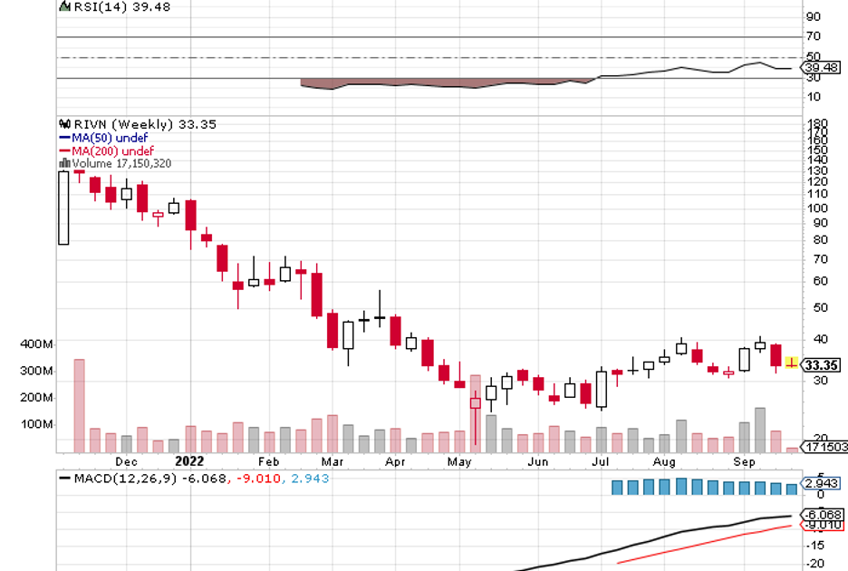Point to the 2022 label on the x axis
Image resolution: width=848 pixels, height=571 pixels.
(x=193, y=460)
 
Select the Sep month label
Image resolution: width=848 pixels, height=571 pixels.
(x=744, y=460)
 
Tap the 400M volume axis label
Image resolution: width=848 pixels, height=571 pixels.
(x=36, y=344)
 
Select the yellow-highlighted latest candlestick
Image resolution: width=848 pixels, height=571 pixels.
(x=792, y=363)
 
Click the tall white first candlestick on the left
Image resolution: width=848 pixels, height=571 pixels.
(x=63, y=207)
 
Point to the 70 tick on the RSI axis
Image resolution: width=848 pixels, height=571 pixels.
(x=813, y=36)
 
